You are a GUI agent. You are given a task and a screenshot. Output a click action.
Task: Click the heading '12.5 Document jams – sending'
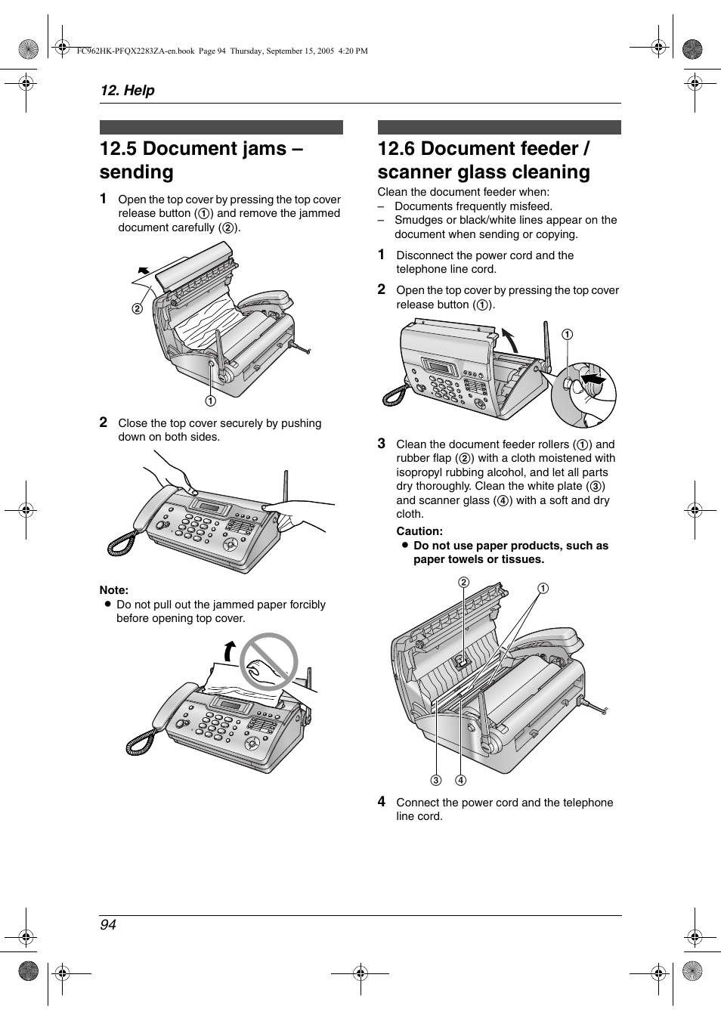(x=201, y=159)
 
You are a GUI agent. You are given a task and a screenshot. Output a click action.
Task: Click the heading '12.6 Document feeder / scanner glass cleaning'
(x=484, y=159)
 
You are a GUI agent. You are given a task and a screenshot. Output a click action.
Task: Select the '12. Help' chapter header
(x=127, y=90)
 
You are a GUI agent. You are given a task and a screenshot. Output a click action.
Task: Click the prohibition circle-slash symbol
(x=268, y=662)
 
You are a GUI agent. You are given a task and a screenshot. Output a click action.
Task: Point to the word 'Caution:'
(x=419, y=531)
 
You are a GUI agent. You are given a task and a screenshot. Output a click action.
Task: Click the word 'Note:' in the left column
(x=114, y=590)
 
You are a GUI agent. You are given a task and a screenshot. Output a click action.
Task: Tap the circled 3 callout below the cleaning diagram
(x=436, y=780)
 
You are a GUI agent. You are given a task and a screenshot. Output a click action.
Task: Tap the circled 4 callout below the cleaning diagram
(x=460, y=780)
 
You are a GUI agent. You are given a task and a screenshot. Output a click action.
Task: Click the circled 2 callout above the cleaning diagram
(x=463, y=582)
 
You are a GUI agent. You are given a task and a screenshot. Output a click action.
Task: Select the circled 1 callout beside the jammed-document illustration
(x=210, y=401)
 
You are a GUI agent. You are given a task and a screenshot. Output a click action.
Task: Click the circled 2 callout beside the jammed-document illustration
(x=138, y=308)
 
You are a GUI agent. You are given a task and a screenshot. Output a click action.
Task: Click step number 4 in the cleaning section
(x=382, y=801)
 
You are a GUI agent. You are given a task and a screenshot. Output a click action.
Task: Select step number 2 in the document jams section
(x=104, y=422)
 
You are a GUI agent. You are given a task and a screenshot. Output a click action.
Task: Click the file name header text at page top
(x=222, y=51)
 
